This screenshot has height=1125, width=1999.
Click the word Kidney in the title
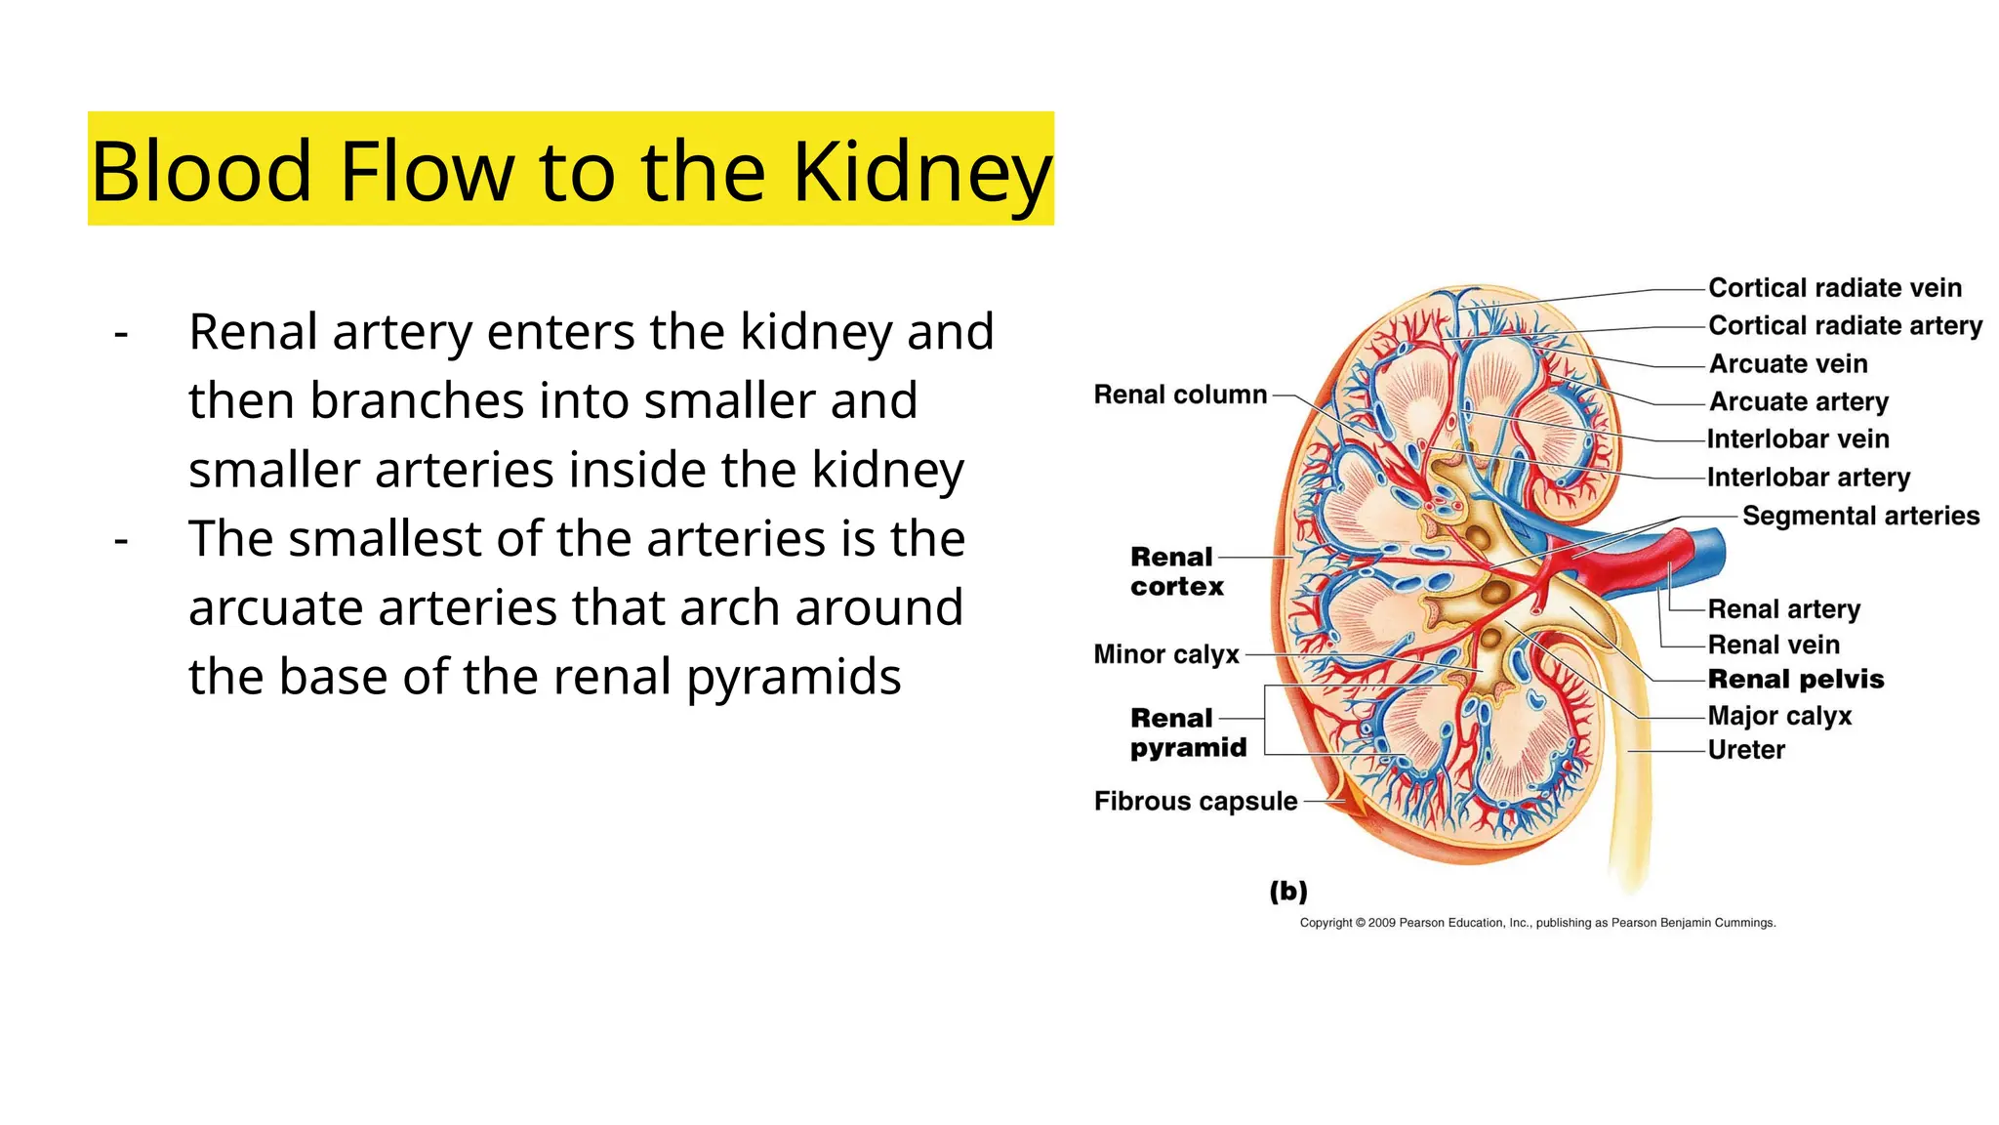pyautogui.click(x=921, y=172)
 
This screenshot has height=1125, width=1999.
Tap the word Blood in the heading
pyautogui.click(x=201, y=172)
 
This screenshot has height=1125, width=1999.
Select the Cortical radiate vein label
pyautogui.click(x=1834, y=288)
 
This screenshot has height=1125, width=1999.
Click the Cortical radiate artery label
pyautogui.click(x=1845, y=325)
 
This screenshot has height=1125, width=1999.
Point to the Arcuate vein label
pyautogui.click(x=1788, y=363)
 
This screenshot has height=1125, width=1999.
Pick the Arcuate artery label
pyautogui.click(x=1799, y=401)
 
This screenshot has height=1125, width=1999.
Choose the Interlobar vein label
pyautogui.click(x=1798, y=439)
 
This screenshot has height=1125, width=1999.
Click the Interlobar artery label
pyautogui.click(x=1808, y=478)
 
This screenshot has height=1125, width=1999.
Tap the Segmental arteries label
pyautogui.click(x=1860, y=516)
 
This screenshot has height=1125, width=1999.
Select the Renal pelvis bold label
pyautogui.click(x=1795, y=680)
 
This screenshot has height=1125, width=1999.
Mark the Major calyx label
pyautogui.click(x=1779, y=716)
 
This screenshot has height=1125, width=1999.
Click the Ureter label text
pyautogui.click(x=1746, y=750)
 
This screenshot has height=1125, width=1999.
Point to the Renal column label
pyautogui.click(x=1180, y=395)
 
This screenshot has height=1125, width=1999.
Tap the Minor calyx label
pyautogui.click(x=1166, y=654)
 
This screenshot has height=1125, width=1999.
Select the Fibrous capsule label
pyautogui.click(x=1196, y=802)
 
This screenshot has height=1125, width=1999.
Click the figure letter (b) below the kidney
pyautogui.click(x=1288, y=891)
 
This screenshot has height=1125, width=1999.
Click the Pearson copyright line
pyautogui.click(x=1537, y=923)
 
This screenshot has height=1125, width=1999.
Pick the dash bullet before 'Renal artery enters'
pyautogui.click(x=121, y=333)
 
